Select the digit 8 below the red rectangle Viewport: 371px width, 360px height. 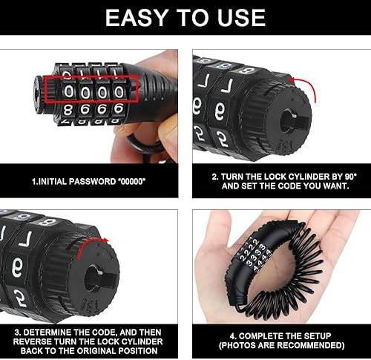(68, 110)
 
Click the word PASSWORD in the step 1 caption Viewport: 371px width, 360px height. (92, 181)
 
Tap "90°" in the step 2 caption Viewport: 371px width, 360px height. (350, 177)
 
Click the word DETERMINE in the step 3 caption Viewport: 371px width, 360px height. (56, 332)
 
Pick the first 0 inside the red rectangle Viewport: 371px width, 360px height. (68, 91)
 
